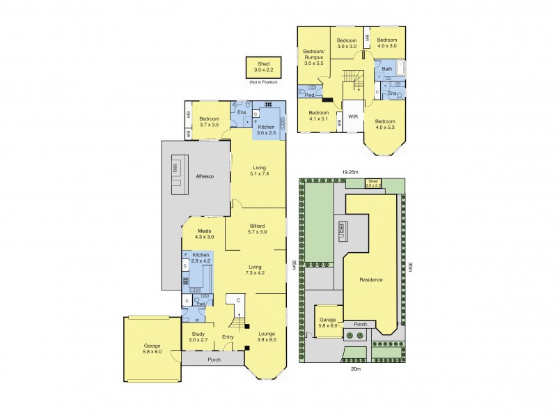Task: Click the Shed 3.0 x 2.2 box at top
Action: [265, 68]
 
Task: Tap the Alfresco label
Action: [204, 177]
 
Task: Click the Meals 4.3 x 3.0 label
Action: [204, 234]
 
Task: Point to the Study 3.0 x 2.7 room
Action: [198, 337]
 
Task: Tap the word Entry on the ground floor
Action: [228, 337]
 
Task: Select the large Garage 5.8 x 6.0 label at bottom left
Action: [152, 349]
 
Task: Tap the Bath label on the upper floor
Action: [386, 70]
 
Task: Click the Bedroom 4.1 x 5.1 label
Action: [319, 116]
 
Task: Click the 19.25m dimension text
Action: [350, 171]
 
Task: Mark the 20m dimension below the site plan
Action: [356, 369]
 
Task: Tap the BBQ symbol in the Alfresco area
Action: [175, 169]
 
